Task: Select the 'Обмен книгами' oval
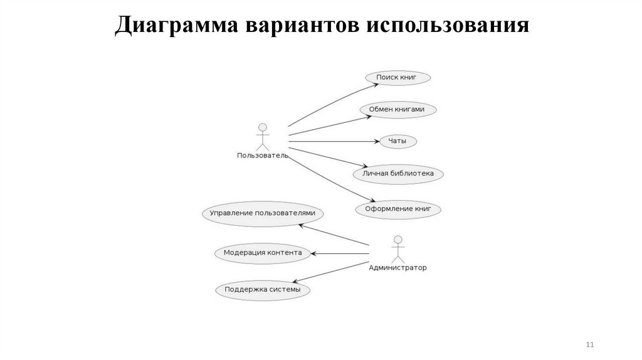398,109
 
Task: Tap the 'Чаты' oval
397,141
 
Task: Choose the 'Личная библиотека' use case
397,173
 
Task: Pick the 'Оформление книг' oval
398,209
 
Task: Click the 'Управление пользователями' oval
263,213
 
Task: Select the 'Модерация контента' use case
263,253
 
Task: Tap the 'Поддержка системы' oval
263,290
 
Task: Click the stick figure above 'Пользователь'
262,136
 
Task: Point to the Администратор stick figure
397,249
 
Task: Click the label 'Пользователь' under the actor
263,156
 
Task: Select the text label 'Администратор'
397,268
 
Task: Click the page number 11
589,346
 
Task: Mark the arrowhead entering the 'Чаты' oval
376,141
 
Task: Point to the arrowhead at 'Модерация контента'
315,253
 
